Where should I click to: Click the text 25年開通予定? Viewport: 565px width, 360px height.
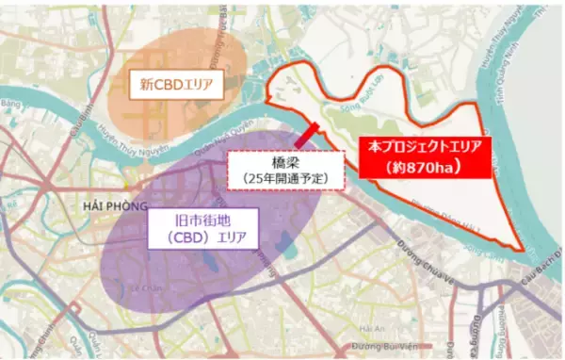click(287, 177)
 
